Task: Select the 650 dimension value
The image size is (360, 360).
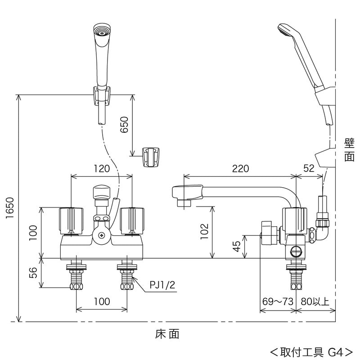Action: click(x=125, y=125)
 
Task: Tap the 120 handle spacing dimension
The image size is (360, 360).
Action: click(x=102, y=169)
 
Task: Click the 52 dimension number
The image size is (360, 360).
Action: click(x=309, y=169)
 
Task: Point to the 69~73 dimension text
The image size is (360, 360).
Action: click(x=277, y=301)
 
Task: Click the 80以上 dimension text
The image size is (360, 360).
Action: click(x=315, y=301)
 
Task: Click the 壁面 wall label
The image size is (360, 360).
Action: click(x=349, y=150)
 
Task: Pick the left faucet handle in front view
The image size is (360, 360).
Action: click(x=72, y=220)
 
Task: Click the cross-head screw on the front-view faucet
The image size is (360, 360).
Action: click(x=102, y=235)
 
